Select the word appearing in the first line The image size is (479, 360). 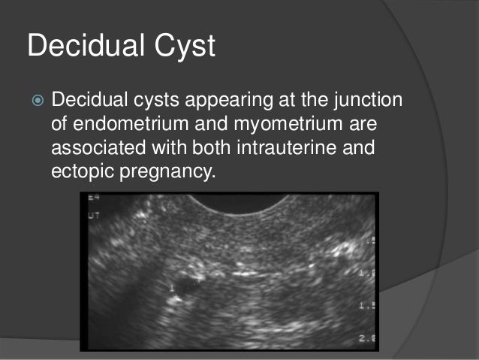tap(218, 100)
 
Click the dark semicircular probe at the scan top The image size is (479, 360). tap(238, 204)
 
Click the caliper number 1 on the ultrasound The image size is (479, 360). tap(173, 289)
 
